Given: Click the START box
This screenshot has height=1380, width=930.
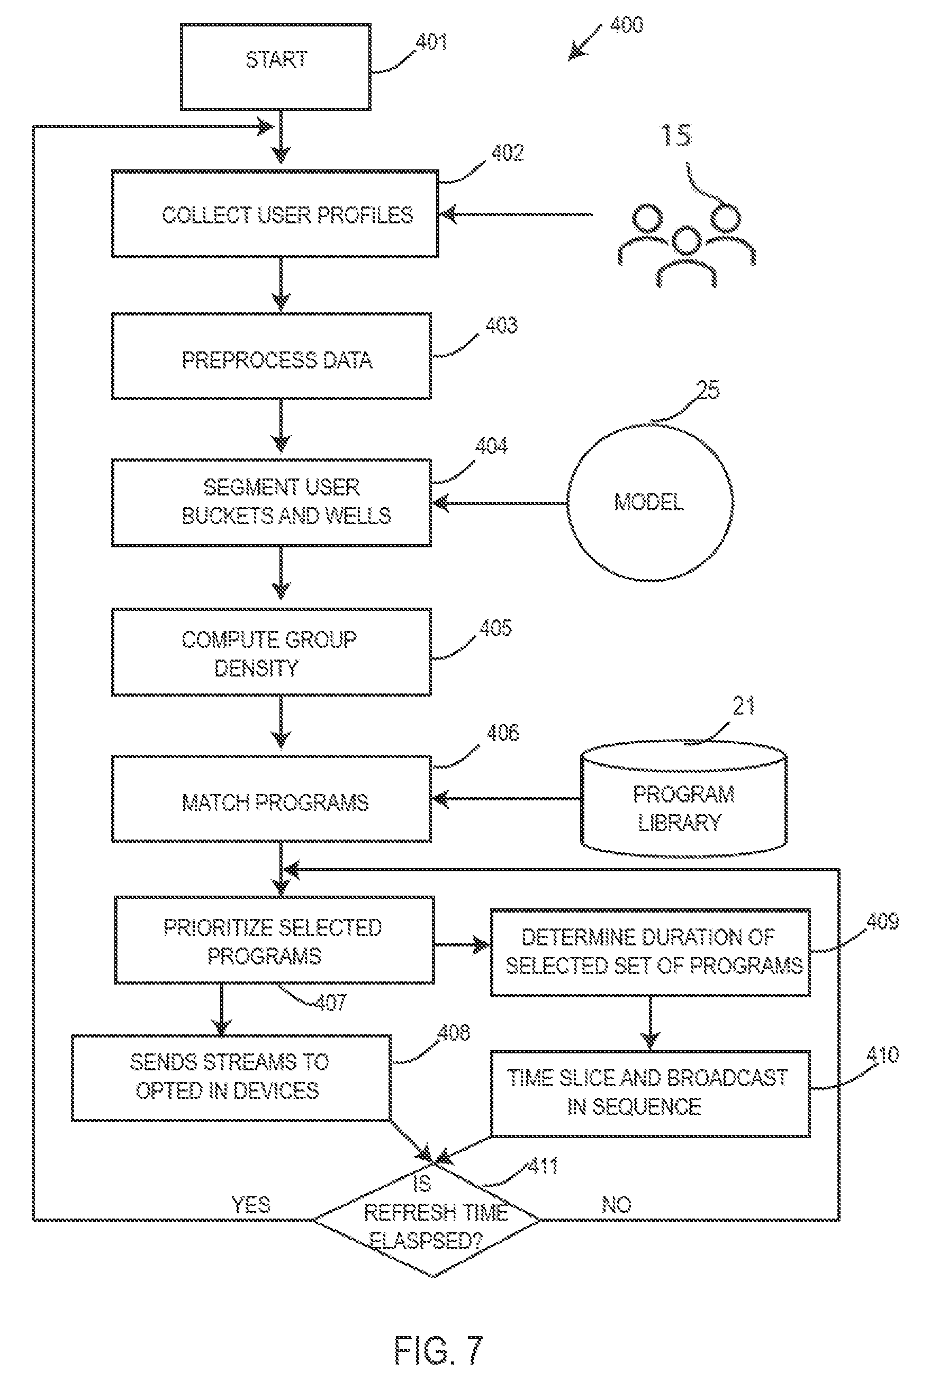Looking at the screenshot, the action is click(x=276, y=67).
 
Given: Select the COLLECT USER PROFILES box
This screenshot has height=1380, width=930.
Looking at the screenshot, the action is click(x=275, y=214).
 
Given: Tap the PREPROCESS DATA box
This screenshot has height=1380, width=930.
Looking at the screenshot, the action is click(x=272, y=356).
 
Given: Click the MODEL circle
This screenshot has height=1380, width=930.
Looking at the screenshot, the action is click(x=650, y=502).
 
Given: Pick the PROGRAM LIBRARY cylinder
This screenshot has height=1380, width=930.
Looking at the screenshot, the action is click(x=683, y=799).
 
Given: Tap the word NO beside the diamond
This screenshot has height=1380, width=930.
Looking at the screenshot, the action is click(x=617, y=1204).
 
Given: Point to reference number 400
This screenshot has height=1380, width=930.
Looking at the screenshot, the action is click(x=626, y=24).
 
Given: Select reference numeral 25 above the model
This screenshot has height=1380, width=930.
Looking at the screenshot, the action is click(x=707, y=390).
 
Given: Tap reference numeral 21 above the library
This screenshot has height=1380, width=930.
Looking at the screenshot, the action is click(x=744, y=706).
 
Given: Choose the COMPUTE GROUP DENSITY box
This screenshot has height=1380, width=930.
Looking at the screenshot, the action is click(x=272, y=652).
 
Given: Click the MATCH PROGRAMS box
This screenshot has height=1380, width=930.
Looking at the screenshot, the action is click(x=272, y=799).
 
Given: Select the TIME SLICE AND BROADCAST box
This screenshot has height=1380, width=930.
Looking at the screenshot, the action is click(x=650, y=1094).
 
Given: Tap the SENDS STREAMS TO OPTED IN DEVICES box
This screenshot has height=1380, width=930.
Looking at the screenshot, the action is click(x=231, y=1078).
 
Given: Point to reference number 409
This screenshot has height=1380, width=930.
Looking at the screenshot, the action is click(x=882, y=922).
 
